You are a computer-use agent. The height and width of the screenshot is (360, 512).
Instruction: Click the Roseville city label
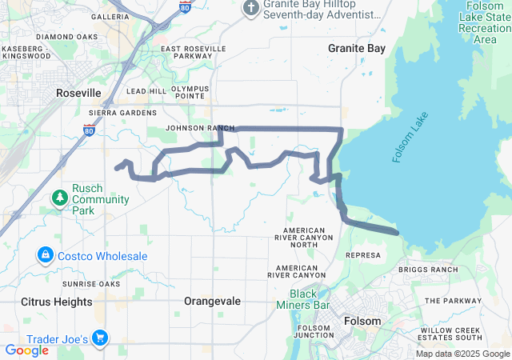pos(78,93)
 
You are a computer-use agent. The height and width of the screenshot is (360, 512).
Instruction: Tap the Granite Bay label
pos(357,48)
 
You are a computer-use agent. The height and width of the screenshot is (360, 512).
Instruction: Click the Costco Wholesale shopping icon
pos(46,255)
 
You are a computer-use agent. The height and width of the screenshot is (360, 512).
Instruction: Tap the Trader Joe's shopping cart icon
pos(100,339)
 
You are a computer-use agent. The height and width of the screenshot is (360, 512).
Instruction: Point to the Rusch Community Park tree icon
pos(59,197)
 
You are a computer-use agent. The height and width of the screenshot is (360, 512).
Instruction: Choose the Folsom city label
pos(362,321)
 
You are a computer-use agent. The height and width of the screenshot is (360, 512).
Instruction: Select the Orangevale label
pos(211,301)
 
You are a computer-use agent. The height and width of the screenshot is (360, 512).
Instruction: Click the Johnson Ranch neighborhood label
pos(200,128)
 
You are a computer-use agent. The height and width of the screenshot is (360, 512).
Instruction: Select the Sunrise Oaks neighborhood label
pos(91,283)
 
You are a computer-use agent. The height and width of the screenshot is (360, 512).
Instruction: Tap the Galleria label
pos(110,16)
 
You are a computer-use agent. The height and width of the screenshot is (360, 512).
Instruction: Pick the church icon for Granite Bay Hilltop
pos(250,8)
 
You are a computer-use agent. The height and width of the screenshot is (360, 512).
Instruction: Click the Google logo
pos(26,350)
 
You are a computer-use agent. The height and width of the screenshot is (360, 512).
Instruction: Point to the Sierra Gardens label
pos(128,113)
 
